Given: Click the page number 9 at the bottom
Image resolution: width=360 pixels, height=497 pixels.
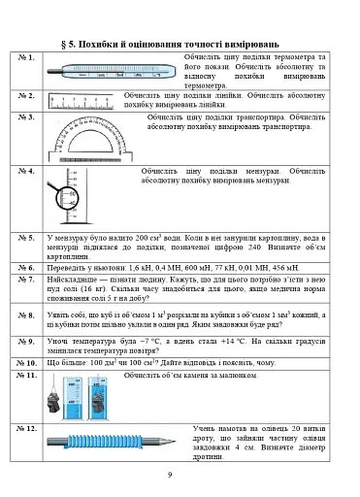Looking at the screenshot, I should (169, 474).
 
